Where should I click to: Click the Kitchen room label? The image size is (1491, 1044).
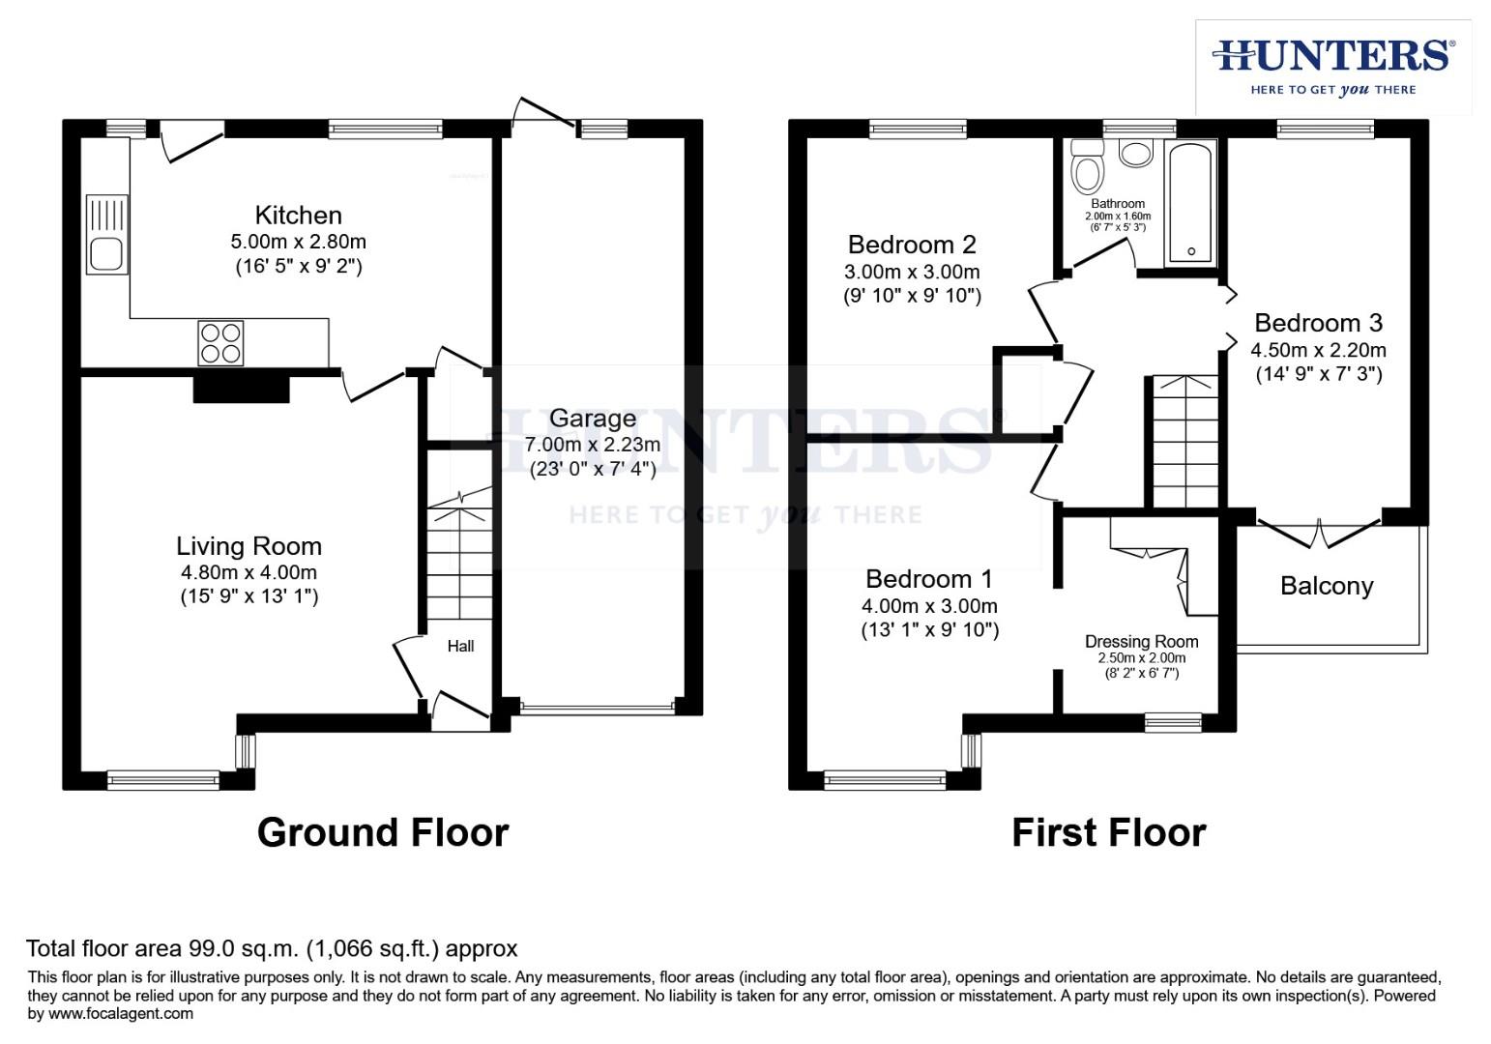(x=298, y=215)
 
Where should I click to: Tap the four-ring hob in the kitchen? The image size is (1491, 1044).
(x=219, y=343)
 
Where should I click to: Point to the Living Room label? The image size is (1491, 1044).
(x=248, y=546)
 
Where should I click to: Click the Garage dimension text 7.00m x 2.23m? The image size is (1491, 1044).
(x=592, y=445)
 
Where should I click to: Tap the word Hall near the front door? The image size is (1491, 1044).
(x=460, y=646)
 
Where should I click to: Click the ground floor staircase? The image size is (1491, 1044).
(x=458, y=561)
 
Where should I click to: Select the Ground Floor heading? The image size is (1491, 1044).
(x=383, y=832)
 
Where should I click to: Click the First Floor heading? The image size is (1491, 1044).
(x=1108, y=832)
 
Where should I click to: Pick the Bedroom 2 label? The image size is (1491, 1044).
(x=911, y=245)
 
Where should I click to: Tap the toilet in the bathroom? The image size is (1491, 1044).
(x=1088, y=168)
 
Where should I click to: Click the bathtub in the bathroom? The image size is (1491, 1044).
(x=1190, y=203)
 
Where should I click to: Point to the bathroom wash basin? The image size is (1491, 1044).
(x=1135, y=153)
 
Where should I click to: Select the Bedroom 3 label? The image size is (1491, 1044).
(x=1318, y=323)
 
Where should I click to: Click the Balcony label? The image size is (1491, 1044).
(x=1326, y=586)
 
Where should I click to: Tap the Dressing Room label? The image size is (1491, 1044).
(x=1141, y=642)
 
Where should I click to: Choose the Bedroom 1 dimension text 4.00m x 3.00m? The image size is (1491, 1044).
(x=929, y=606)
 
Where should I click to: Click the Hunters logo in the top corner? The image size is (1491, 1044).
(x=1332, y=66)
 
